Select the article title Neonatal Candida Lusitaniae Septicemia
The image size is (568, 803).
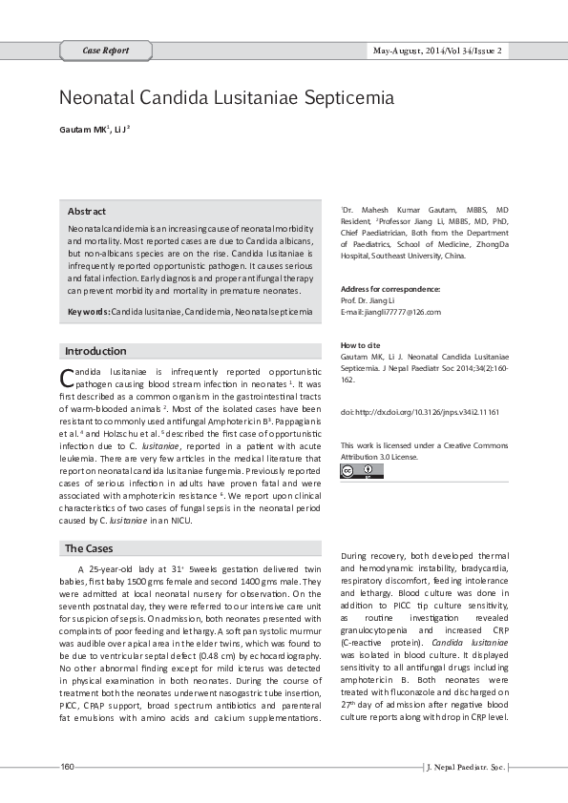point(226,97)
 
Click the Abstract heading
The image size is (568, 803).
point(87,211)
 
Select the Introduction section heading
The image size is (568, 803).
point(95,351)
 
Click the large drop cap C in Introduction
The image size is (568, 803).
point(67,375)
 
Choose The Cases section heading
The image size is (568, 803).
point(90,548)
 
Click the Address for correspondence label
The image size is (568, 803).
point(390,289)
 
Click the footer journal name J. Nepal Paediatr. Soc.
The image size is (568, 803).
point(465,768)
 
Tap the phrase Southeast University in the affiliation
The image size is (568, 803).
point(413,256)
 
